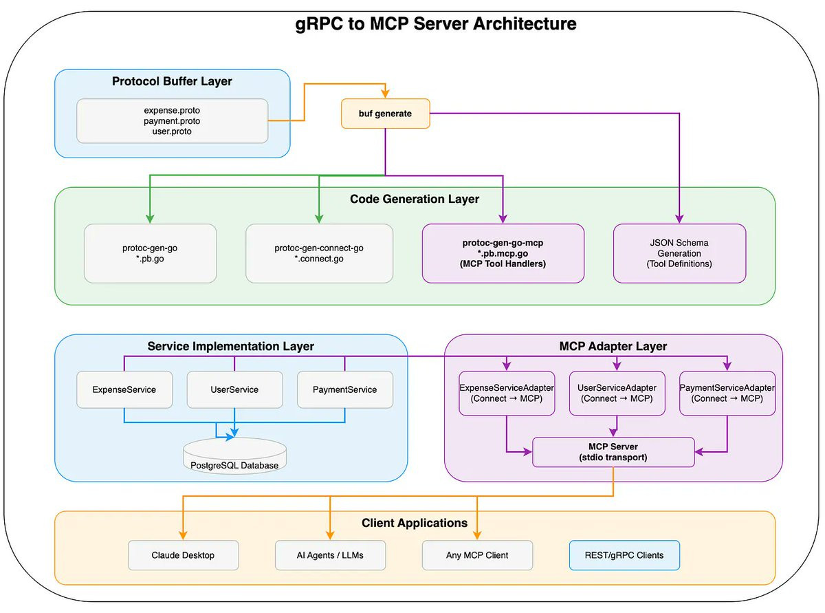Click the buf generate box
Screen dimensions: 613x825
pos(386,114)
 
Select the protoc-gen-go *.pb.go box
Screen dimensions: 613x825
pos(150,253)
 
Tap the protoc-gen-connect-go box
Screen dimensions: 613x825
pos(319,253)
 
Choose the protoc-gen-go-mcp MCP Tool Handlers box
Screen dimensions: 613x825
pos(503,253)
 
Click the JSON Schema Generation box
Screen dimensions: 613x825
pos(679,253)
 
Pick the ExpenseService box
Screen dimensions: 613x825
pos(124,389)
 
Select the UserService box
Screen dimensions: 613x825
pos(234,389)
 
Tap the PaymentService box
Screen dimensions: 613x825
pos(344,389)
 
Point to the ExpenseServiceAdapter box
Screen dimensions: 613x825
pos(507,393)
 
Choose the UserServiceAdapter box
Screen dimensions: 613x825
pos(617,393)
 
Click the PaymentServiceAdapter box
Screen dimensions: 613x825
pos(727,393)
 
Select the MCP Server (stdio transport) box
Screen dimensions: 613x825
pos(613,452)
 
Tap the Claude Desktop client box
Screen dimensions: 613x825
pos(183,555)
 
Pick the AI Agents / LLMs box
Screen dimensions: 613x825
pos(330,555)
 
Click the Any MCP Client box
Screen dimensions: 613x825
pos(477,555)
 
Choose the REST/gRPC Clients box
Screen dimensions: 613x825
pos(624,555)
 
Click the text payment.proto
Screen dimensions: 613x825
pos(172,121)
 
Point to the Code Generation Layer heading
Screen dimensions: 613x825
pos(415,200)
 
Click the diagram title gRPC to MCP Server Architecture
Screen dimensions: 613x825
pos(436,24)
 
